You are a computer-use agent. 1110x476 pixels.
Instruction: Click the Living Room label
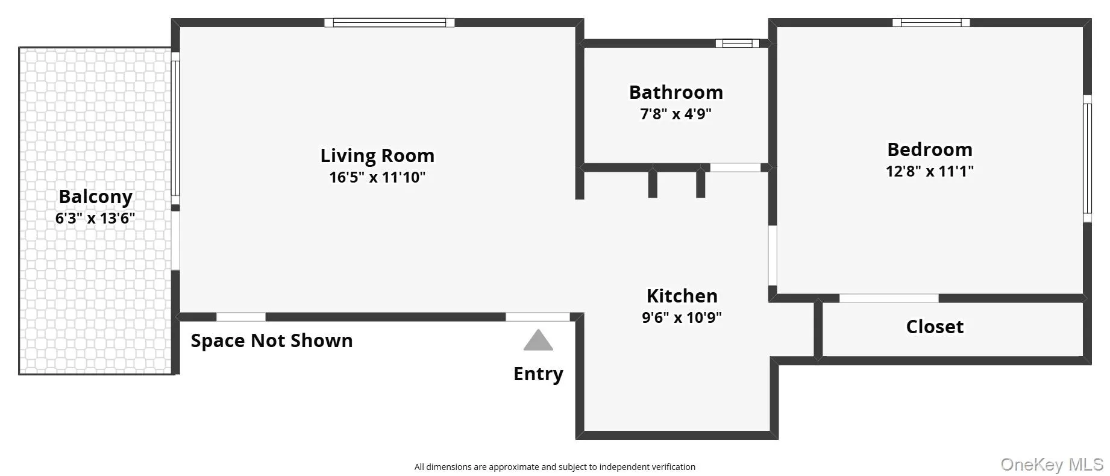coord(377,156)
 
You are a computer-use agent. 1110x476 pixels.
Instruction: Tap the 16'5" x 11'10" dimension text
coord(377,178)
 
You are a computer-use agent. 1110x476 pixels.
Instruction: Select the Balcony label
coord(95,197)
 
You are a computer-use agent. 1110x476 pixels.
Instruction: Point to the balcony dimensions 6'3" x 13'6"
coord(95,218)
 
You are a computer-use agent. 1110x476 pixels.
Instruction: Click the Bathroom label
coord(676,93)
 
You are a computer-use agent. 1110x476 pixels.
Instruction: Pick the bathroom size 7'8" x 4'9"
coord(676,114)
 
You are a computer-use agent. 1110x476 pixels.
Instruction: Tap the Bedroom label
coord(929,150)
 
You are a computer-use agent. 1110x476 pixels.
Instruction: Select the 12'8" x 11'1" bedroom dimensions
coord(929,171)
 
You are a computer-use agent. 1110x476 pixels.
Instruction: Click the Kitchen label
coord(682,296)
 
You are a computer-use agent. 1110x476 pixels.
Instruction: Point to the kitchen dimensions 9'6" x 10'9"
coord(682,318)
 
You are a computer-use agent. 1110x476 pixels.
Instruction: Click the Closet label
coord(935,327)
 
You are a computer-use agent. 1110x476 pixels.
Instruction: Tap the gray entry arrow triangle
coord(538,342)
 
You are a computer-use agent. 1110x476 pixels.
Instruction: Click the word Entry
coord(538,374)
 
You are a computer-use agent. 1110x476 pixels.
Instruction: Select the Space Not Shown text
coord(272,341)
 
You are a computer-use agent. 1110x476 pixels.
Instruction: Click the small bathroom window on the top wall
coord(738,43)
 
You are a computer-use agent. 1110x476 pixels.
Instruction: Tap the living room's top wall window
coord(389,23)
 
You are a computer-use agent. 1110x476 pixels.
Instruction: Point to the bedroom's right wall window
coord(1087,158)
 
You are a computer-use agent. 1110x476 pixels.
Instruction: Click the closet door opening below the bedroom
coord(889,298)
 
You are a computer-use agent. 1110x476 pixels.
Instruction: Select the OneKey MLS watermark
coord(1052,465)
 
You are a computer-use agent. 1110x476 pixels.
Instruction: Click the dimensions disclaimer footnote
coord(554,467)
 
